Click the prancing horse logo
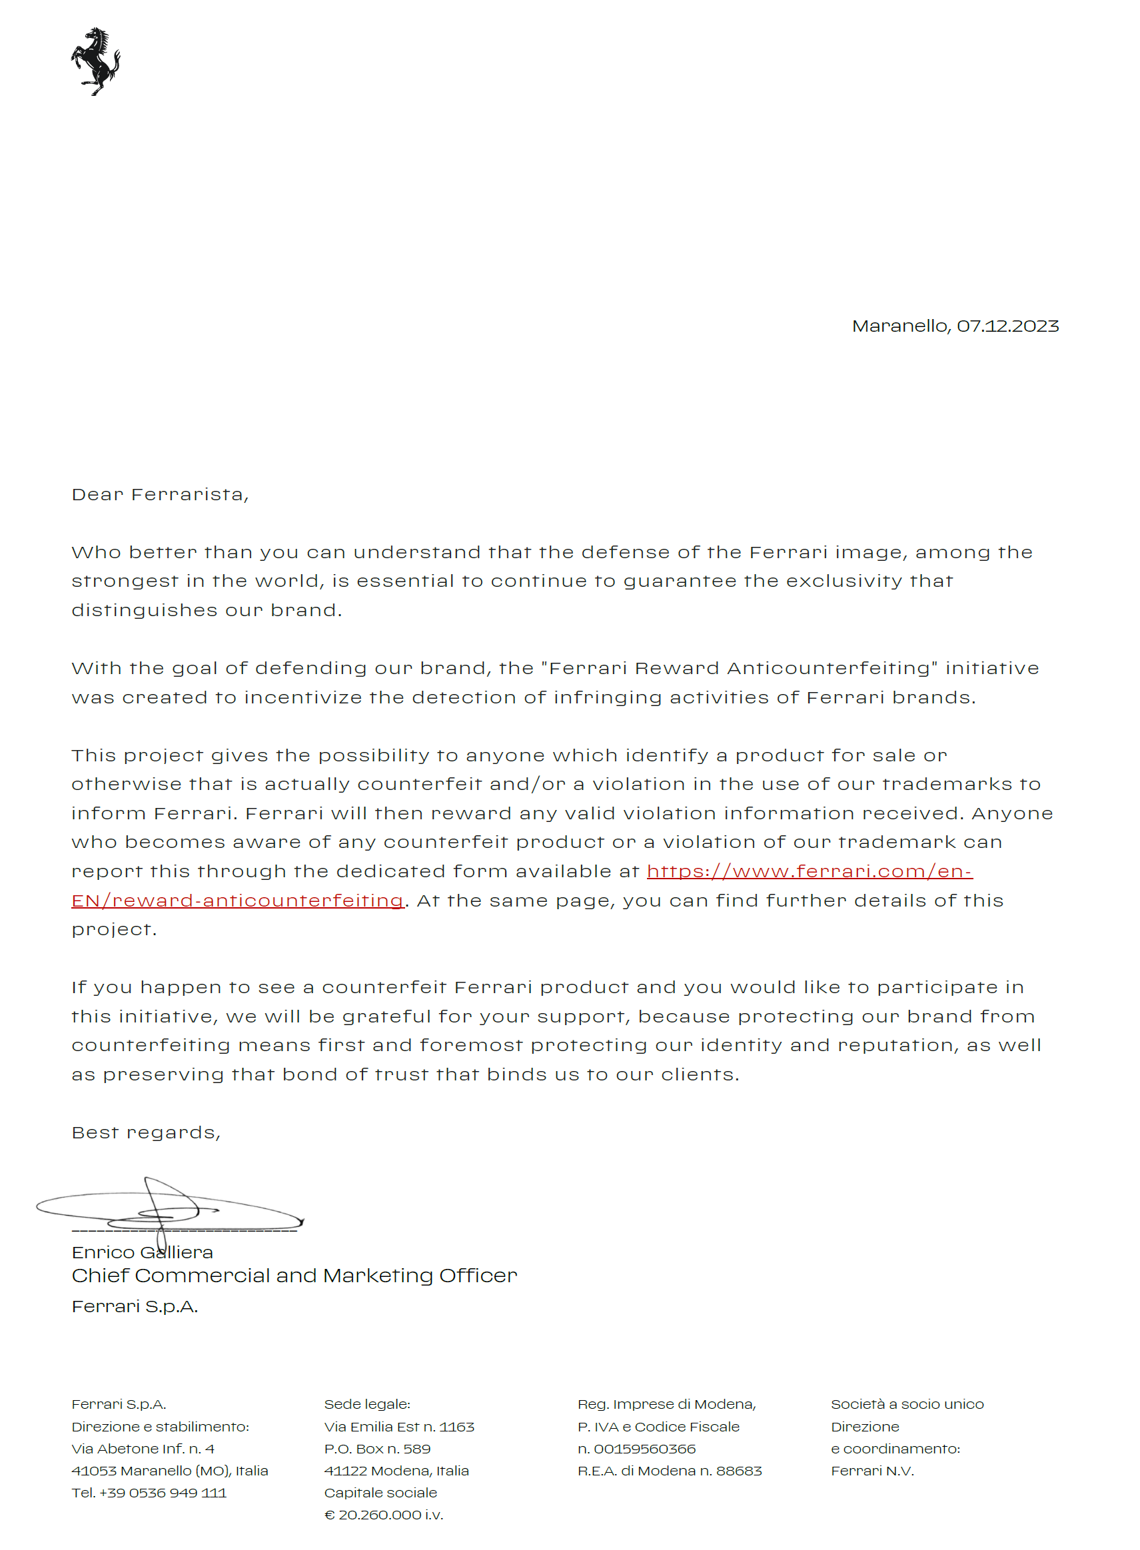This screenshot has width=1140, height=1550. (x=95, y=61)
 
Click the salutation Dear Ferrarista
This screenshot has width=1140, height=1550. (x=159, y=495)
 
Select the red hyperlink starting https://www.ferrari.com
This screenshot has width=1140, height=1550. (x=809, y=871)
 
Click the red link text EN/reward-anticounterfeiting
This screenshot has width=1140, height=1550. (x=237, y=900)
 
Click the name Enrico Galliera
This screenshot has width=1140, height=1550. (x=142, y=1252)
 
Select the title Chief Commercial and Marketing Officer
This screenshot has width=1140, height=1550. (x=294, y=1276)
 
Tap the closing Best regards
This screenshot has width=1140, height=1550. (x=146, y=1132)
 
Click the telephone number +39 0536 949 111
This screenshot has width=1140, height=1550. (x=163, y=1493)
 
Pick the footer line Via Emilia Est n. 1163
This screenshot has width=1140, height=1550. (x=399, y=1427)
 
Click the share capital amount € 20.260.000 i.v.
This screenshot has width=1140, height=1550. (x=384, y=1515)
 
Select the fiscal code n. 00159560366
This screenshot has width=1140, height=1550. (x=636, y=1449)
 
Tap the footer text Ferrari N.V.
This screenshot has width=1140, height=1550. (x=871, y=1471)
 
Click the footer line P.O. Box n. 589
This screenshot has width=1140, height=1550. (x=377, y=1449)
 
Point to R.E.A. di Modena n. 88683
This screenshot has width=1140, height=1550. (x=670, y=1471)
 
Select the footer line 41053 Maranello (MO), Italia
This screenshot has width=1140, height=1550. (x=170, y=1471)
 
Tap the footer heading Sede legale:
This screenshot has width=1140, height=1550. (x=366, y=1404)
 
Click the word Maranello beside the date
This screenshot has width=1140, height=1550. (x=901, y=326)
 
